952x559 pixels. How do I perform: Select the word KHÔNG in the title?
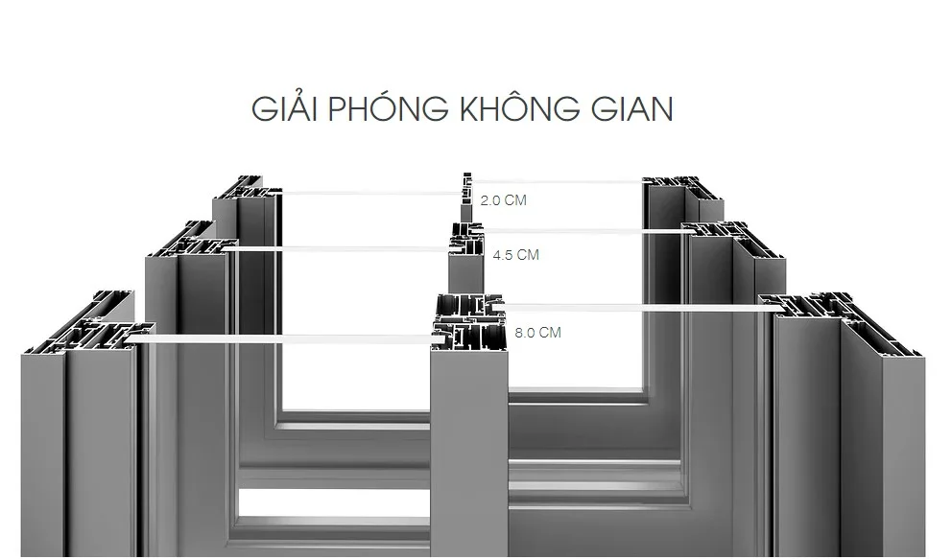pyautogui.click(x=501, y=108)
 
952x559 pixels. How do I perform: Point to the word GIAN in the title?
pyautogui.click(x=627, y=108)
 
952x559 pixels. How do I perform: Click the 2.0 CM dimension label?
pyautogui.click(x=503, y=201)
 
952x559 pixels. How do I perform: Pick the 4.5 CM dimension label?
pyautogui.click(x=515, y=255)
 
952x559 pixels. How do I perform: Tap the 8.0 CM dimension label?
pyautogui.click(x=537, y=333)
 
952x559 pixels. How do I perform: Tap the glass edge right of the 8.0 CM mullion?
pyautogui.click(x=633, y=308)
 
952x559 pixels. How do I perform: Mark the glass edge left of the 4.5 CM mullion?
pyautogui.click(x=341, y=249)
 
